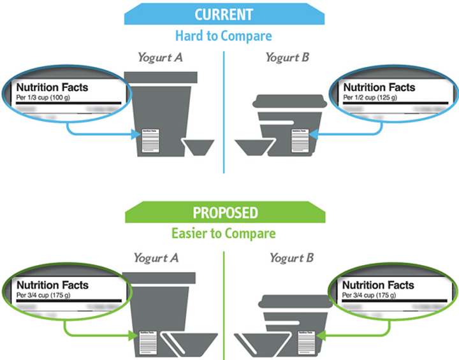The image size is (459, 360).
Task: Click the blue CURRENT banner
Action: tap(224, 14)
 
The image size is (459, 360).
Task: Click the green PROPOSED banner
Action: tap(223, 212)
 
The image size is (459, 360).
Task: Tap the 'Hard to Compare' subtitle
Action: tap(224, 35)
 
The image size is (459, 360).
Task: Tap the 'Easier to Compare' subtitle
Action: tap(223, 233)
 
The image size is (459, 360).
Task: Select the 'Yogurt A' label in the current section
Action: tap(160, 57)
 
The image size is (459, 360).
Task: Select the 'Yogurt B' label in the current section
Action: tap(287, 57)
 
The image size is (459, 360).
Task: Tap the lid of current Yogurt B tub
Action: tap(291, 101)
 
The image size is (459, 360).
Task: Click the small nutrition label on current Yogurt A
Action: tap(150, 141)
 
